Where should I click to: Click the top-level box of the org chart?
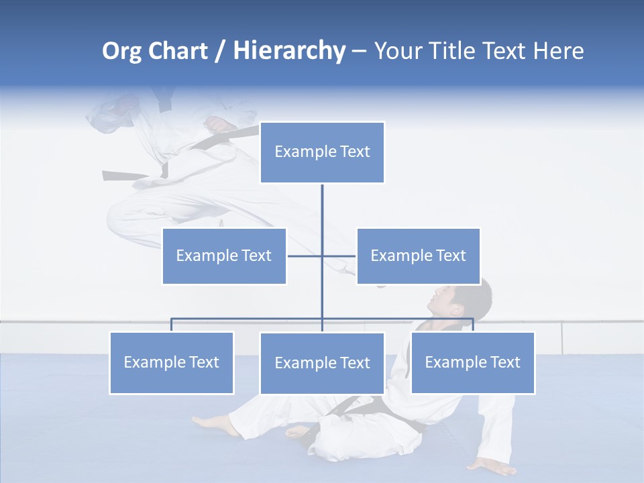coord(322,152)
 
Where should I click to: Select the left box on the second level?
coord(224,256)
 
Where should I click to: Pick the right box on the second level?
coord(418,256)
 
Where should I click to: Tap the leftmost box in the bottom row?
coord(171,362)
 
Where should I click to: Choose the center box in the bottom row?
coord(322,363)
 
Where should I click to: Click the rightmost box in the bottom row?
coord(472,362)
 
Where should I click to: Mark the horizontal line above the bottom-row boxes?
coord(248,319)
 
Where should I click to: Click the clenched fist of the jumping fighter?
coord(219,125)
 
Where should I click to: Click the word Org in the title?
coord(124,51)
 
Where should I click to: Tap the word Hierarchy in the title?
coord(288,51)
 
